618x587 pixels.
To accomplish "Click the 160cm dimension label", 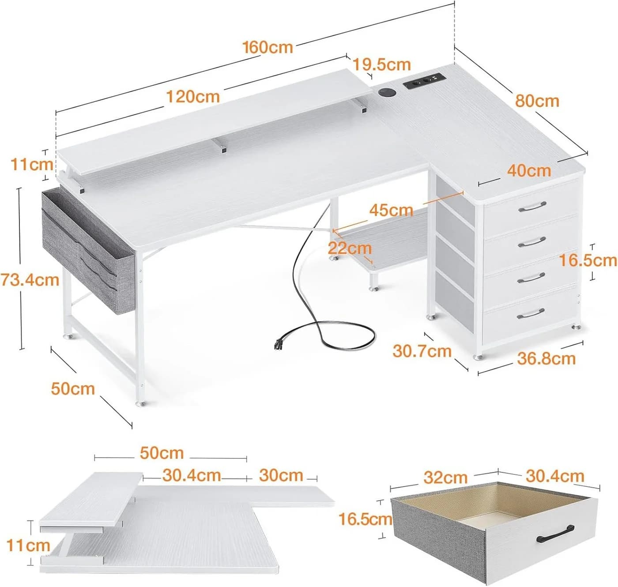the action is click(x=268, y=48).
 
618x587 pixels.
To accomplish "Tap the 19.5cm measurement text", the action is click(x=382, y=65).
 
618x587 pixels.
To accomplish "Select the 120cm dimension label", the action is click(x=193, y=97).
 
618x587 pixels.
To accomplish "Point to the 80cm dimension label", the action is click(x=537, y=101).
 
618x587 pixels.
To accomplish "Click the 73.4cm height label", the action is click(x=30, y=280).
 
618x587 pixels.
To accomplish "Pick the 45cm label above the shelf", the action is click(x=391, y=210).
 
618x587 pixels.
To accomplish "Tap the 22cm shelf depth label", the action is click(x=350, y=248).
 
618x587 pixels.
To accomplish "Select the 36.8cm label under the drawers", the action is click(x=546, y=359).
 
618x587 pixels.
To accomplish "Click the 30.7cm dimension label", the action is click(x=422, y=351).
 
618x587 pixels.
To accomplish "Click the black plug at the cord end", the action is click(x=278, y=344).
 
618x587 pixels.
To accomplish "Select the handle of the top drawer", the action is click(x=532, y=207).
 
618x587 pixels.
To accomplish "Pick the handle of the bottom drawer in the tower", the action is click(x=531, y=314).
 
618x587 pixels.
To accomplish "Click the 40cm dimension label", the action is click(x=529, y=171).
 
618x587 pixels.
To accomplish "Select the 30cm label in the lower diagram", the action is click(x=281, y=475).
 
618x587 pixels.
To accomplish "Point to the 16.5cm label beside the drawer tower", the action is click(x=588, y=261).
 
